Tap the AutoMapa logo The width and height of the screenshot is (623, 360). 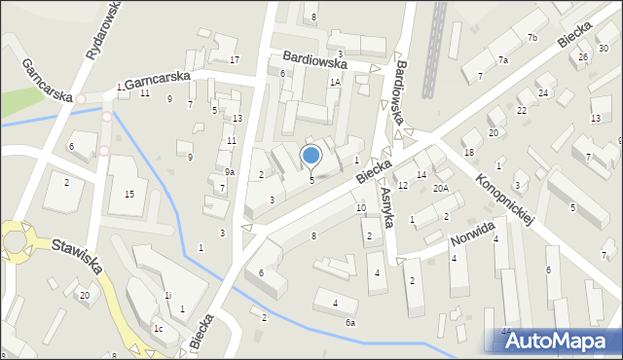(x=552, y=339)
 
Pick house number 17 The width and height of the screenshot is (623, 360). (x=235, y=60)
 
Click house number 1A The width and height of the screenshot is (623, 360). (x=334, y=83)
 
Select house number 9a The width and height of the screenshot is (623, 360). (x=230, y=171)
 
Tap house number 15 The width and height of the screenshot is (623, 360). (x=129, y=195)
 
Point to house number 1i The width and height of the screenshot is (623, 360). (x=167, y=295)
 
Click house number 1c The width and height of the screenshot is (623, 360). (x=157, y=329)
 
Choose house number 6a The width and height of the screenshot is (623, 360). (x=350, y=322)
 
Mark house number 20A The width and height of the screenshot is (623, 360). (x=441, y=189)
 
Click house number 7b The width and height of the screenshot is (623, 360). (x=531, y=38)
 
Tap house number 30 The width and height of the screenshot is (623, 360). (x=604, y=48)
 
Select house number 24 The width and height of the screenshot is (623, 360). (x=543, y=92)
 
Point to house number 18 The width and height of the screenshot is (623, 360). (x=469, y=153)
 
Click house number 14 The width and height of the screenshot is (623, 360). (x=421, y=174)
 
